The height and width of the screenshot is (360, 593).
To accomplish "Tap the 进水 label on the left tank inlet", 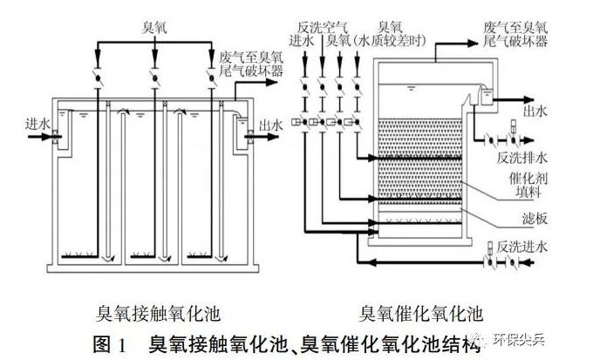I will pos(27,125).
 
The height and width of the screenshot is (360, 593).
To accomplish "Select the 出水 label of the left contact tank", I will pos(272,126).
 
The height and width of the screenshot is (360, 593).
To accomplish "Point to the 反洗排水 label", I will pos(523,159).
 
